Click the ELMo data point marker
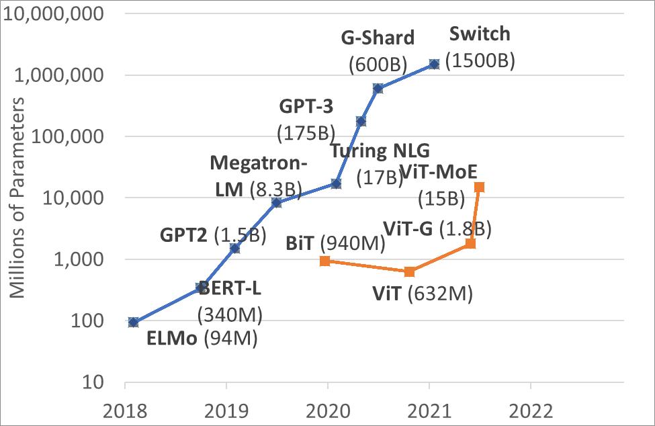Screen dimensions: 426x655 tap(133, 323)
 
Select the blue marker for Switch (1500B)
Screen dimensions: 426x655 tap(434, 64)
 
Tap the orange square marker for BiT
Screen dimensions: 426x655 tap(324, 261)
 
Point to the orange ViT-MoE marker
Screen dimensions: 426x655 tap(479, 187)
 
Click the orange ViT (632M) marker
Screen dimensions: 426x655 tap(409, 271)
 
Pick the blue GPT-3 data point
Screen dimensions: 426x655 tap(361, 121)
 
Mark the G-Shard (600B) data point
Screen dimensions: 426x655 tap(378, 89)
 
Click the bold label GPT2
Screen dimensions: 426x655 tap(184, 235)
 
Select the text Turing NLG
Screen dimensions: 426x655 tap(380, 151)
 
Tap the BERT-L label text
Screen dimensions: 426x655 tap(230, 290)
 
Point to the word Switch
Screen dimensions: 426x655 tap(480, 34)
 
